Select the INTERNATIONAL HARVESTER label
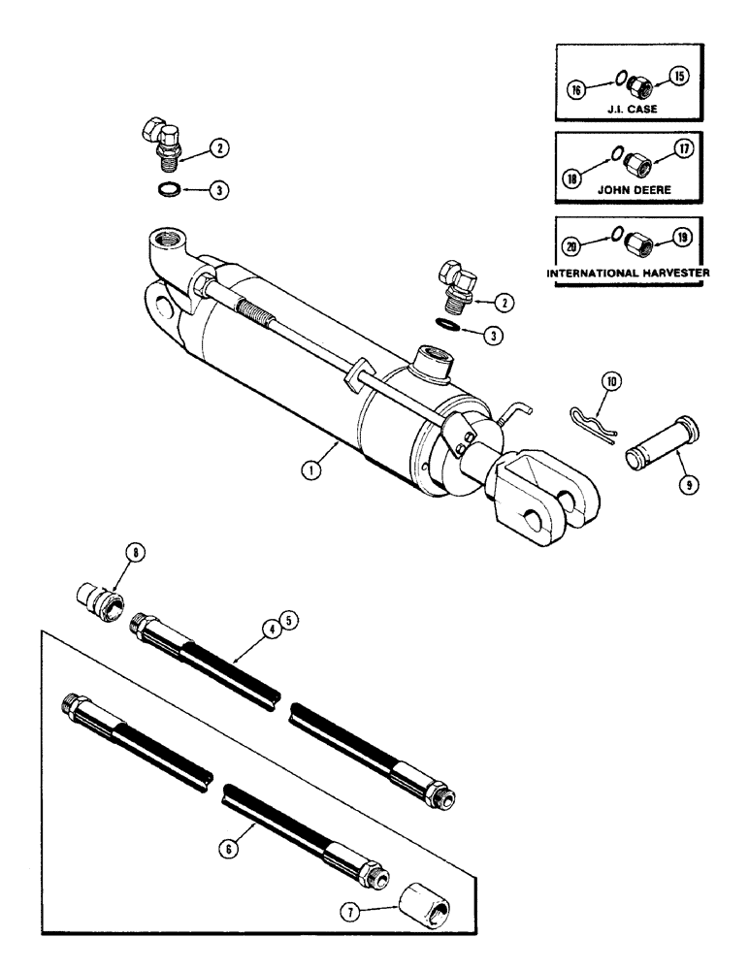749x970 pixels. (x=629, y=274)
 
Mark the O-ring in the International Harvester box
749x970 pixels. (x=613, y=245)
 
